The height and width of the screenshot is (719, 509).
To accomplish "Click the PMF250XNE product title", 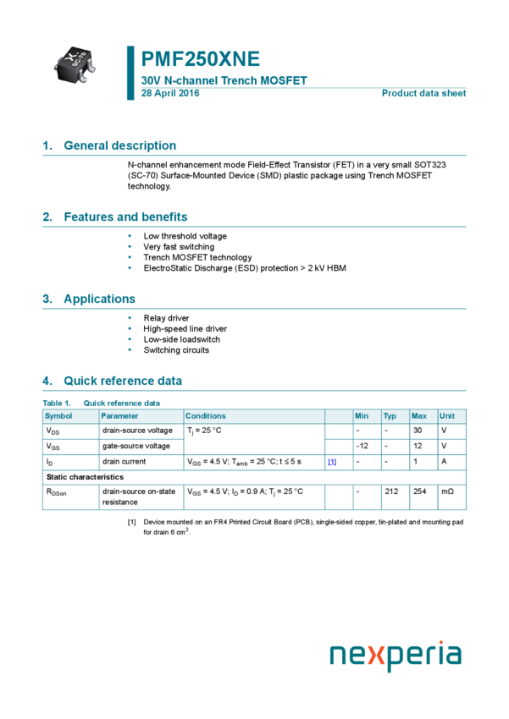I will point(201,59).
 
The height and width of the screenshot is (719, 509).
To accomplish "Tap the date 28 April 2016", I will point(170,93).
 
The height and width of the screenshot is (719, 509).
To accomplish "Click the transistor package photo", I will point(75,63).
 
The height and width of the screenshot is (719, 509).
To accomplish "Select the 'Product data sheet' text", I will point(423,93).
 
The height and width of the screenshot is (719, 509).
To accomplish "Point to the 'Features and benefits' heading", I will point(125,217).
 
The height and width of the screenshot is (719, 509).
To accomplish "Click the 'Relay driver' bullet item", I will point(166,318).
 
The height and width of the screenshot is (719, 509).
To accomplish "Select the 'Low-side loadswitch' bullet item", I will point(181,339).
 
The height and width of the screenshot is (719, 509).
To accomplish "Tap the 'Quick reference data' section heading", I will point(122,381).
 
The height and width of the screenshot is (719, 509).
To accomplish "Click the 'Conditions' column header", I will point(206,416).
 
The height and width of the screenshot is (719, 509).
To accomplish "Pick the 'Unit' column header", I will point(447,416).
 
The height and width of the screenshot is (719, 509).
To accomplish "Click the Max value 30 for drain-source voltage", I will point(417,431).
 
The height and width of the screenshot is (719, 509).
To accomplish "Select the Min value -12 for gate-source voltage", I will point(362,446).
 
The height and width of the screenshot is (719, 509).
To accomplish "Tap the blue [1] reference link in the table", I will point(332,462).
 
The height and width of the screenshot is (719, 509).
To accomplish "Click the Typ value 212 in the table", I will point(390,491).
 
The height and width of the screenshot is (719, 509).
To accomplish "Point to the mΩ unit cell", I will point(447,491).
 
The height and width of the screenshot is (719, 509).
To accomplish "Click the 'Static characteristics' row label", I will point(85,477).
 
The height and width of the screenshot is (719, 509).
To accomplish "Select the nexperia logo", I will point(396,656).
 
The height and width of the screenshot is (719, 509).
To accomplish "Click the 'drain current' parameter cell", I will point(124,462).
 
